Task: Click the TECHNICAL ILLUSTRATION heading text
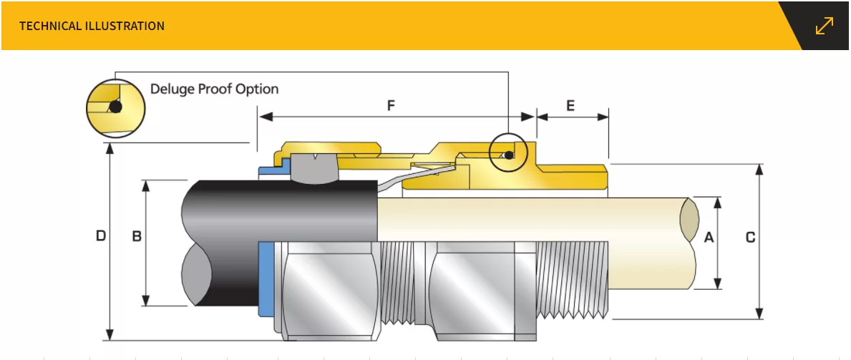(92, 26)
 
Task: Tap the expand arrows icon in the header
(825, 26)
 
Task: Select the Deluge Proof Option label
(214, 89)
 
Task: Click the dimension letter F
(392, 106)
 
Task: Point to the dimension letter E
(570, 106)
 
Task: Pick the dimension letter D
(101, 235)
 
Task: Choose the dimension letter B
(137, 235)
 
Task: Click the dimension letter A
(709, 237)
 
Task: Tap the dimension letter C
(750, 237)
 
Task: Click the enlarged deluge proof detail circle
(115, 107)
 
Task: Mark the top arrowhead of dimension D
(110, 147)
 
